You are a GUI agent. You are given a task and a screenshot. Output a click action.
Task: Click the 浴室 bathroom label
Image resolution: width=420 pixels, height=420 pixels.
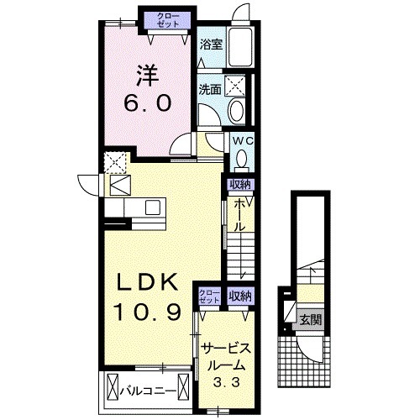point(211,45)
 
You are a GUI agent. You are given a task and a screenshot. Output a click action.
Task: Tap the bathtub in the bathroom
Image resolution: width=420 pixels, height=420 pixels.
point(240,47)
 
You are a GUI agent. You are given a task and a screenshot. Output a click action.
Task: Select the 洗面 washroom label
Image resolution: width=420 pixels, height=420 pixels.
point(210,90)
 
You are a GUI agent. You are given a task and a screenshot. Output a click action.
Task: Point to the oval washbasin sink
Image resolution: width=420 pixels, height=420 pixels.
point(237,110)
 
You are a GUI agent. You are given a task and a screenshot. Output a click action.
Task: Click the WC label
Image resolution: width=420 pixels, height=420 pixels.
point(243,141)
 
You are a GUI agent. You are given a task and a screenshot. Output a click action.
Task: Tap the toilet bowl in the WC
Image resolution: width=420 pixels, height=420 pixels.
point(241,160)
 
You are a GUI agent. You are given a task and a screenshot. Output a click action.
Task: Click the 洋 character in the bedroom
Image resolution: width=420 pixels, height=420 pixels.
point(147,76)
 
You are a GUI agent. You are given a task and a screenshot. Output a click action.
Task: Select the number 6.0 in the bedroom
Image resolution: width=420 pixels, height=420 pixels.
point(147,102)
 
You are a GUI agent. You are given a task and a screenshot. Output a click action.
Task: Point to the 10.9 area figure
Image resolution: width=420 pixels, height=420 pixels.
point(147,312)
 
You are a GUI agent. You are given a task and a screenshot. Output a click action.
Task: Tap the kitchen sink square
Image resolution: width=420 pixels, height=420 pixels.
point(152,207)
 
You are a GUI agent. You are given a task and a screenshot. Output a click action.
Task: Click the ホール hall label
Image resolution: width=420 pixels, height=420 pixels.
point(239,215)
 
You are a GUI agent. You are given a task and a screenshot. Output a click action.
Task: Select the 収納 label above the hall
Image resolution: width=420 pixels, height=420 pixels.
point(240,185)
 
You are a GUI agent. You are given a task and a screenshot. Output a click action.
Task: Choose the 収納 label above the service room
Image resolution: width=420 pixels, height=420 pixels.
point(240,297)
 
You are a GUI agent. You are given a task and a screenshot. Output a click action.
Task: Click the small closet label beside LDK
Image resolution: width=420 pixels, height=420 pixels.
point(209,297)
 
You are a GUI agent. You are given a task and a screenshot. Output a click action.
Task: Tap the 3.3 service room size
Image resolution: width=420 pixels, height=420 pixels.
point(227,381)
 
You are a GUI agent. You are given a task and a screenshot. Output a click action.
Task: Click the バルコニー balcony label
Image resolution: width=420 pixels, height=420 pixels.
point(149,391)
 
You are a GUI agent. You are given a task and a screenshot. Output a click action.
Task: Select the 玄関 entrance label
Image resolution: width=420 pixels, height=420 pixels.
point(310,319)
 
